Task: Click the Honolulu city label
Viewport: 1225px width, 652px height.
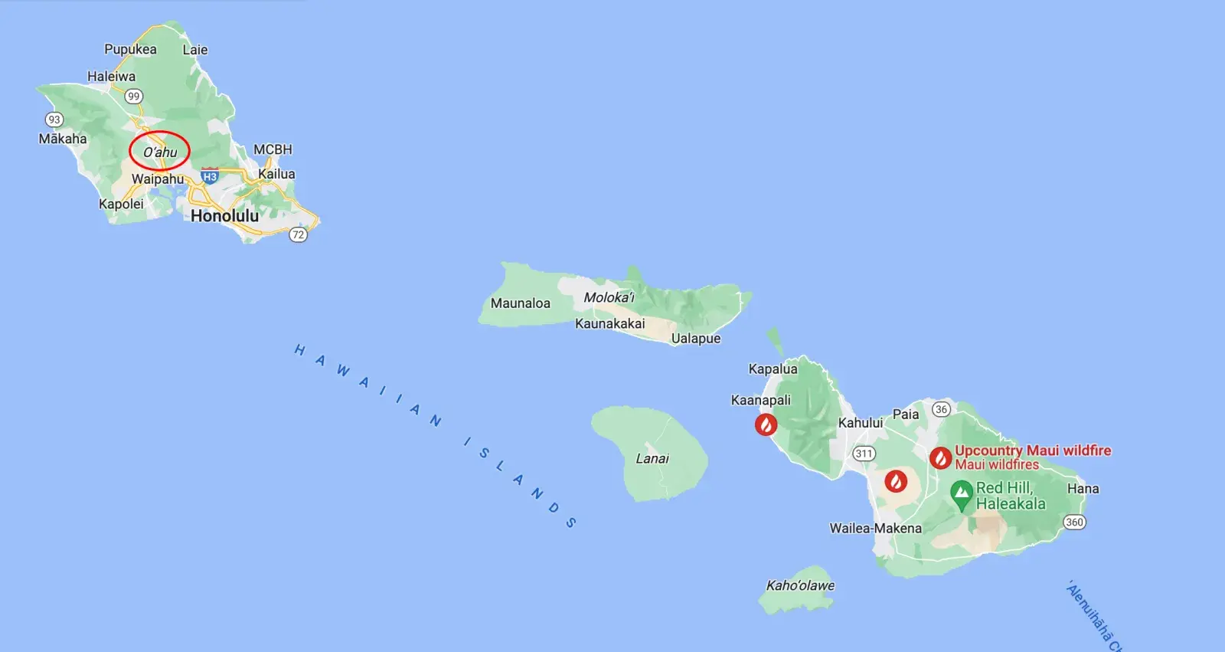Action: (224, 216)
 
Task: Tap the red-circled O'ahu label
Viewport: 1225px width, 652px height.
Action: (160, 152)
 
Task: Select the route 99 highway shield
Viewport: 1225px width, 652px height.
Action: (134, 97)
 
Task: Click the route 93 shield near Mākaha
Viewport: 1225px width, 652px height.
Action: (54, 120)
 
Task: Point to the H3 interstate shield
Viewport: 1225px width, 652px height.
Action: (210, 176)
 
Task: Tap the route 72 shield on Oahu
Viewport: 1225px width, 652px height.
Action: (298, 234)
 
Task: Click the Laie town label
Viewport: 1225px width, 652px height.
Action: (195, 50)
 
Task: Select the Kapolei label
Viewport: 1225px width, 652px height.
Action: (121, 204)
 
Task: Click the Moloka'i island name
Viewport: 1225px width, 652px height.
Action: (609, 297)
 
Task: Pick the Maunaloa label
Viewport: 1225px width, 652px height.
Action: (521, 303)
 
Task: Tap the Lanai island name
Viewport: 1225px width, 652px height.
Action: (652, 459)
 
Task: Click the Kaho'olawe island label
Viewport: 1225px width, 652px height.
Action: (800, 585)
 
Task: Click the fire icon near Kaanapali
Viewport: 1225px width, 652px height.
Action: (766, 424)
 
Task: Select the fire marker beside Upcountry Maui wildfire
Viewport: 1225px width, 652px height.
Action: (940, 458)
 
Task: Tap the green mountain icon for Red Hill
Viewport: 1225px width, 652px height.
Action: (961, 494)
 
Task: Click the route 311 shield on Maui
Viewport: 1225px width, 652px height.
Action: (864, 454)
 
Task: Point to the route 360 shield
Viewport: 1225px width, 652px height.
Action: (1074, 523)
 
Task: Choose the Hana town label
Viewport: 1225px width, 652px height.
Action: (1083, 489)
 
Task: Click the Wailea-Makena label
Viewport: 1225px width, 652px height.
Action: (875, 529)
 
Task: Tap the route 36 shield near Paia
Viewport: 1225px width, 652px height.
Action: (942, 409)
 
